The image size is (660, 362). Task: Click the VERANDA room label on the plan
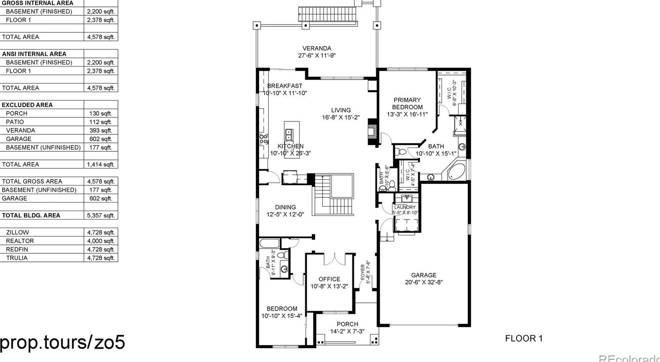point(317,48)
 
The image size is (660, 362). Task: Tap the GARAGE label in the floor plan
point(423,275)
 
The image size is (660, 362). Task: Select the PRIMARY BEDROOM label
point(407,103)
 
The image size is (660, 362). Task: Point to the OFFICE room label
point(329,279)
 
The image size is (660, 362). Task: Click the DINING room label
point(285,207)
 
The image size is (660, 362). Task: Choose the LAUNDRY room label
point(405,207)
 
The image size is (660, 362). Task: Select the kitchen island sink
point(289,135)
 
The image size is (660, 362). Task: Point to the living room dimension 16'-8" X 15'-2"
point(340,117)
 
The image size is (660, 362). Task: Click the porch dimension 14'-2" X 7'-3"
point(347,331)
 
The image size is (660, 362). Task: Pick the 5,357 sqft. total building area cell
point(101,215)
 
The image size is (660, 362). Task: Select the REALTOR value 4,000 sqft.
point(101,241)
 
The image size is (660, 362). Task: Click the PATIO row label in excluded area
point(15,122)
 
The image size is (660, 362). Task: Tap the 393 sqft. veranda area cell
point(101,130)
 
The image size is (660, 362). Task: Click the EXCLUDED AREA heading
point(27,105)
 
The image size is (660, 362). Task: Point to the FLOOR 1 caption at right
point(524,338)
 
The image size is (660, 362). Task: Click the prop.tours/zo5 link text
point(63,342)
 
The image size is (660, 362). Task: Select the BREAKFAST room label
point(285,86)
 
